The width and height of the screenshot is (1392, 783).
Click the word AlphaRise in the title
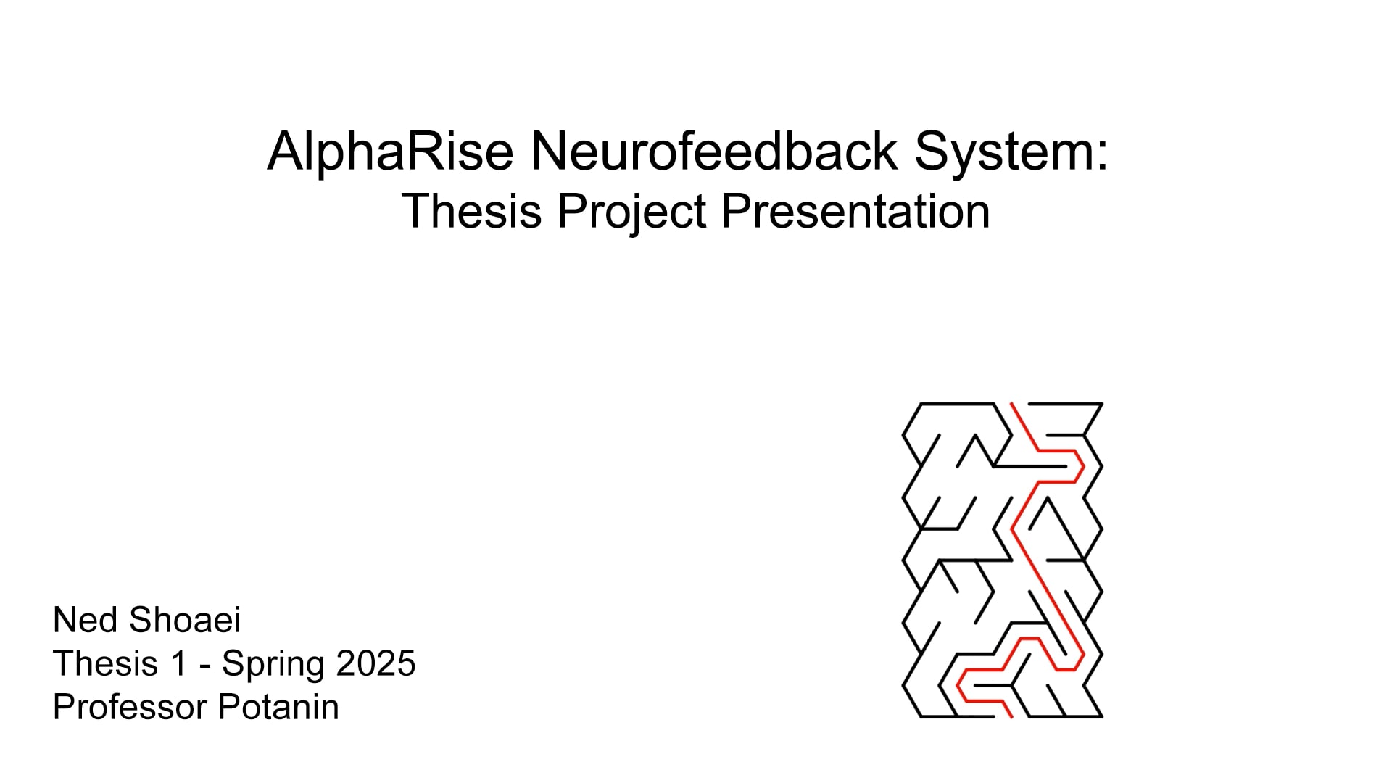390,152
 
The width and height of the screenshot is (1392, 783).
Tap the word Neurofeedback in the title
713,152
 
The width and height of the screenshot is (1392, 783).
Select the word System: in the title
1011,152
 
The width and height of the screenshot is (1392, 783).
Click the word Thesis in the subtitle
471,212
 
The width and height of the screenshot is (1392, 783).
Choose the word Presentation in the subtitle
855,212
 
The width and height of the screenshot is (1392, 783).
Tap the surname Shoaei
184,621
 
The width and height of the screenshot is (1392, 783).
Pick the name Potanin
278,707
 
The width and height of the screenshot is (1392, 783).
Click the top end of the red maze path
1013,405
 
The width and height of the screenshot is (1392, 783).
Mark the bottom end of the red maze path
1011,716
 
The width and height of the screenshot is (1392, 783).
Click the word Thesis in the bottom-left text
105,663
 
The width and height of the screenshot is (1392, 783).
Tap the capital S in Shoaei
141,621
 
